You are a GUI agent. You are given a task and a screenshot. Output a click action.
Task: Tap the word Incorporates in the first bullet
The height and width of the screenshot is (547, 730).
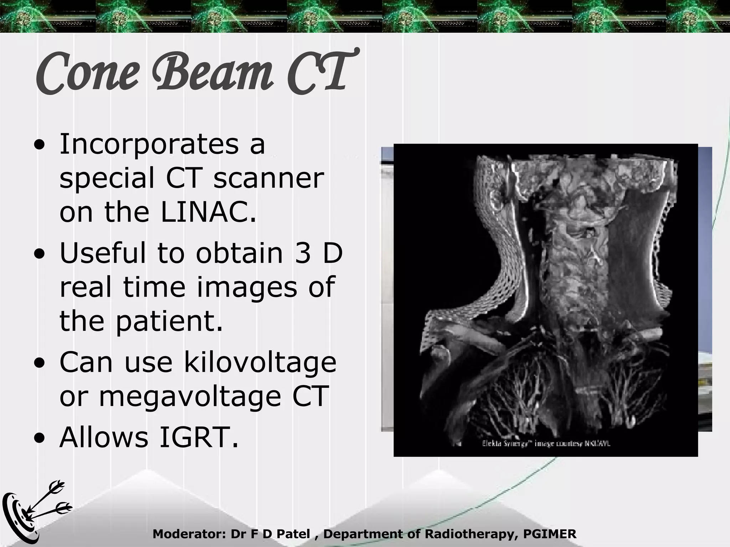coord(149,144)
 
